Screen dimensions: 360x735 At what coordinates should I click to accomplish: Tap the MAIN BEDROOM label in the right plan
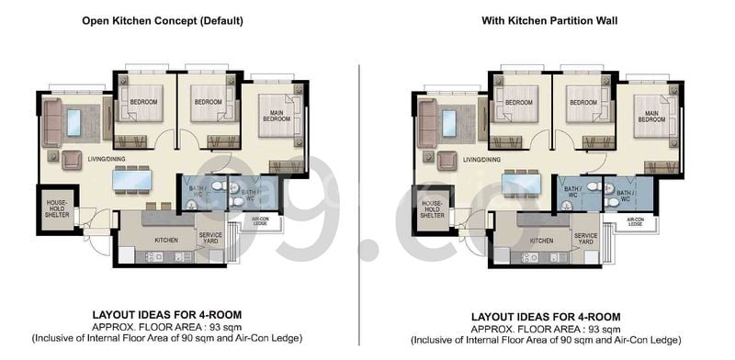[651, 116]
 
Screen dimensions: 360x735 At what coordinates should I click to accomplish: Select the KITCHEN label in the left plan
[166, 239]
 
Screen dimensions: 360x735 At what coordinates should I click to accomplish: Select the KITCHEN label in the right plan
[542, 241]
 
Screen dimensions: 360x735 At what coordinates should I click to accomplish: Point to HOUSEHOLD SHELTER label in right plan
[433, 207]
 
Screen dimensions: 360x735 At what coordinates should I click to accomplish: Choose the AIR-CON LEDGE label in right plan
[636, 221]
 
